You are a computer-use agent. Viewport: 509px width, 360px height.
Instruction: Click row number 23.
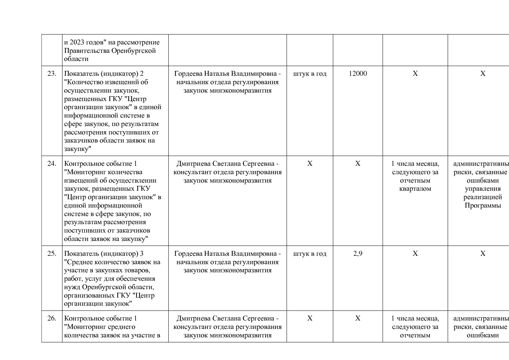pyautogui.click(x=52, y=74)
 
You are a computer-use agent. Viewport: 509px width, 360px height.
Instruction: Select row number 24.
pyautogui.click(x=52, y=164)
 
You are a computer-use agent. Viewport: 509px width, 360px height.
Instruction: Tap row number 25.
pyautogui.click(x=52, y=254)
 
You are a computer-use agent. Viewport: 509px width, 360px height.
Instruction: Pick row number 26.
pyautogui.click(x=52, y=318)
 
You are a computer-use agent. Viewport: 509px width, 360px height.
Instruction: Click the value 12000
pyautogui.click(x=358, y=74)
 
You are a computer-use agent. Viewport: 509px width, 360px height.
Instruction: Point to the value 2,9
pyautogui.click(x=358, y=254)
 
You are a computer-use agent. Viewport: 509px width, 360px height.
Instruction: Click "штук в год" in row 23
pyautogui.click(x=310, y=74)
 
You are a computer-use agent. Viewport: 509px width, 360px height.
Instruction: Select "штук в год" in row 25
pyautogui.click(x=310, y=254)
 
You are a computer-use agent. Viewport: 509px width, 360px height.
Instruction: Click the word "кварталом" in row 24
pyautogui.click(x=415, y=189)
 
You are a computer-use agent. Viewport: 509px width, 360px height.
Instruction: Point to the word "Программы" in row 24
pyautogui.click(x=483, y=206)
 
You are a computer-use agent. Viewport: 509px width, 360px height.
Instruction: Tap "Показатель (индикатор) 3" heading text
pyautogui.click(x=104, y=254)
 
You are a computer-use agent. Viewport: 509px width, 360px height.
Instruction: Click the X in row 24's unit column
pyautogui.click(x=310, y=164)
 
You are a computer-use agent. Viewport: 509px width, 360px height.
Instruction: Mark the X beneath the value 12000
pyautogui.click(x=358, y=164)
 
